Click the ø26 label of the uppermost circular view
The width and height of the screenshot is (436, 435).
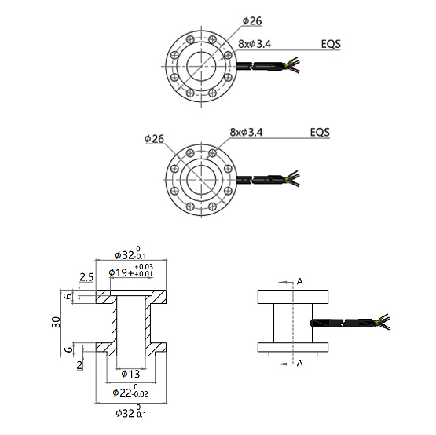tap(253, 20)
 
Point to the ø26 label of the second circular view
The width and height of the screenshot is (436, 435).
tap(154, 139)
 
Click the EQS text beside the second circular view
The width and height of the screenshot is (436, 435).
tap(320, 132)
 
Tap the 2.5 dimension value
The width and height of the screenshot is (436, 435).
tap(86, 277)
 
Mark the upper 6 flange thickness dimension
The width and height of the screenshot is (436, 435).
tap(69, 297)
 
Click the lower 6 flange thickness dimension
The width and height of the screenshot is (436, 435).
tap(69, 348)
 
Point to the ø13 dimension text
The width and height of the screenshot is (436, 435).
tap(130, 374)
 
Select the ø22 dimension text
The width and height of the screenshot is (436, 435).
tap(130, 392)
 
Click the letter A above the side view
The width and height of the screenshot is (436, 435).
tap(299, 280)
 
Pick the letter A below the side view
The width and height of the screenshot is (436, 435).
tap(299, 363)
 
